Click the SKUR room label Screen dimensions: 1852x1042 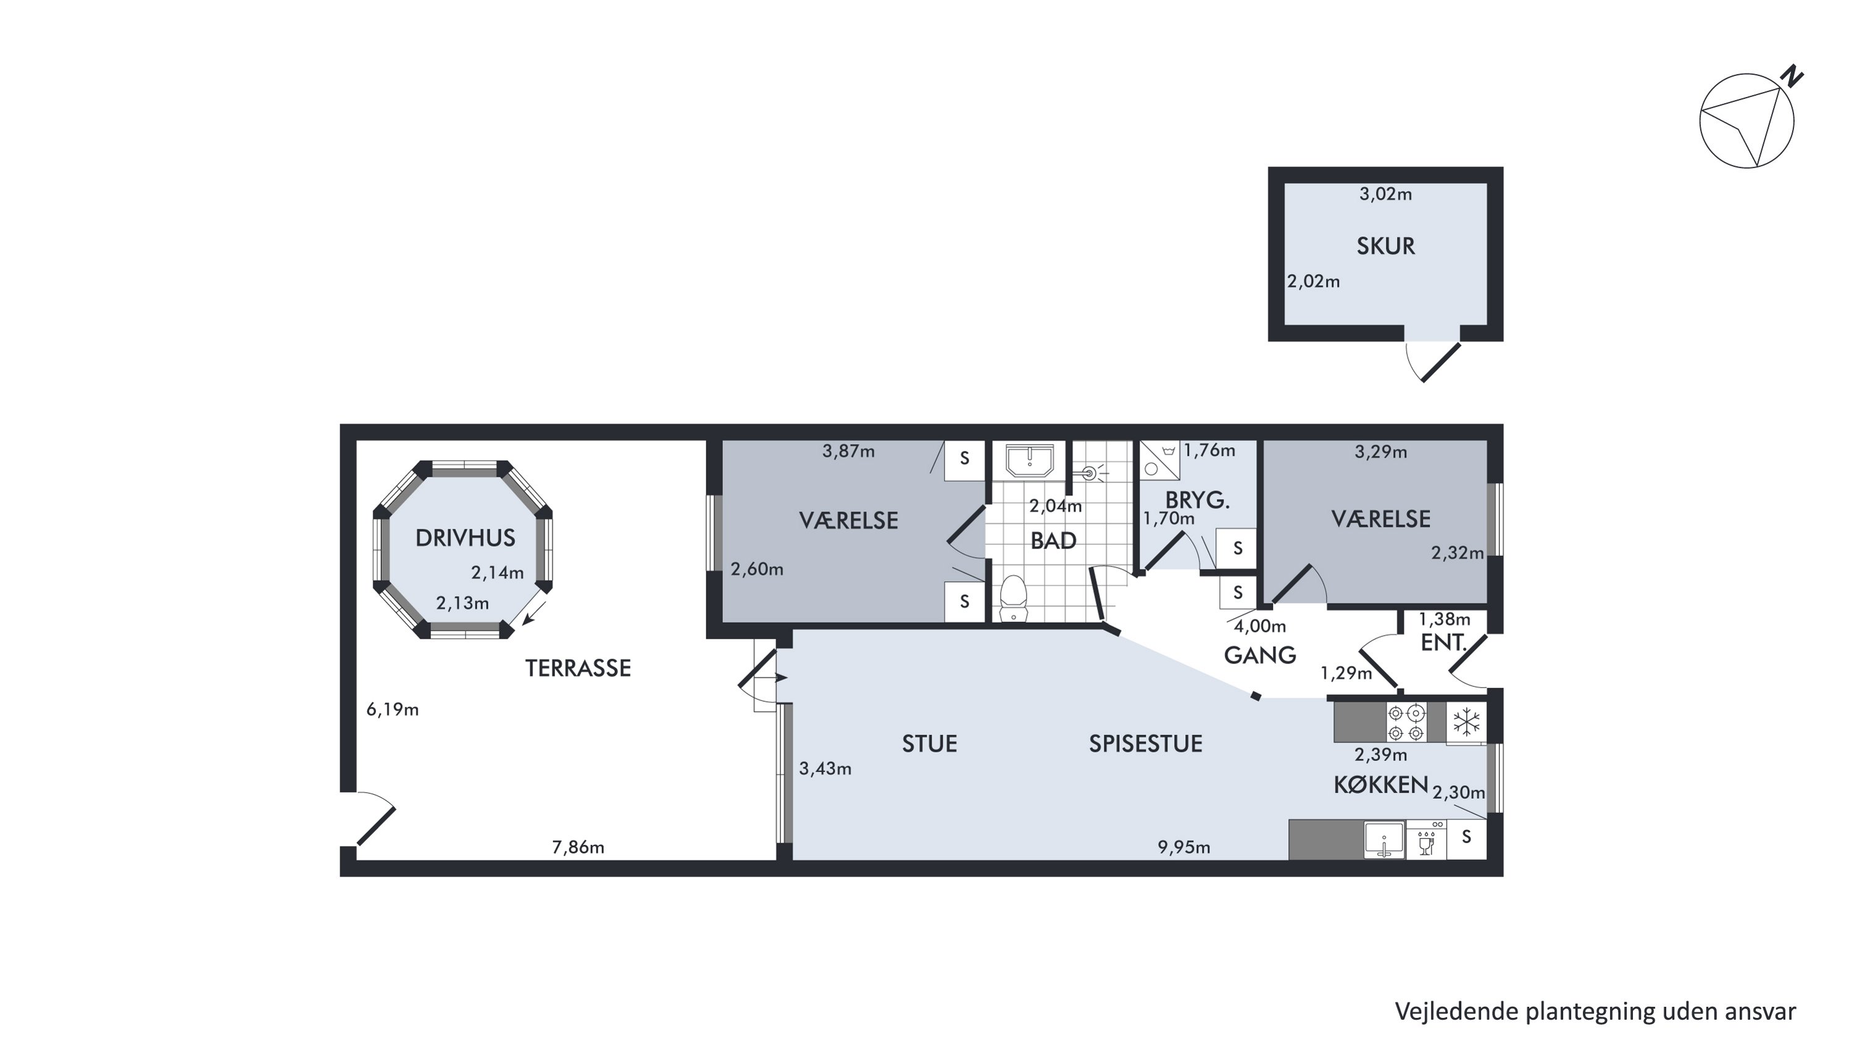1385,246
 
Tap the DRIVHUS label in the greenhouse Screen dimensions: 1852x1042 465,538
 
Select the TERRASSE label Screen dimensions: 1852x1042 578,668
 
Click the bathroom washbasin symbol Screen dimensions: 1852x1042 1030,460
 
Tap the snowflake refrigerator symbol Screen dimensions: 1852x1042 1466,722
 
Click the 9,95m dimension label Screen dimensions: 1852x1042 1183,847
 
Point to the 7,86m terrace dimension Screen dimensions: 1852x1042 578,847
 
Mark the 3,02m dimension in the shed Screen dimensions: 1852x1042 1385,194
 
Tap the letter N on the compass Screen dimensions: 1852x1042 1794,75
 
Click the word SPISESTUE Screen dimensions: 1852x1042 1145,744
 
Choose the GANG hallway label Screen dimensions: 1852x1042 1259,655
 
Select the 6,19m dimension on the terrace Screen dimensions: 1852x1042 393,710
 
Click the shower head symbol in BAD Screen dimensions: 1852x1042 1091,473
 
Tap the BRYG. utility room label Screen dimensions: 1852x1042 1197,499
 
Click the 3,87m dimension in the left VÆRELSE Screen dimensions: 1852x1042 848,452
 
